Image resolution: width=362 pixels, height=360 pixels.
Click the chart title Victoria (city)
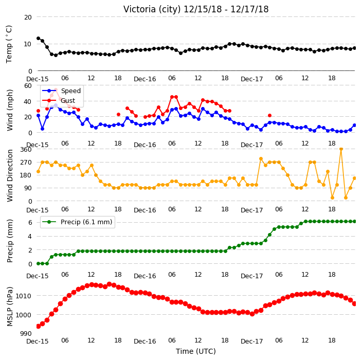click(x=152, y=9)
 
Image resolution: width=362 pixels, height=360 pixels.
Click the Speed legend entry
click(x=62, y=91)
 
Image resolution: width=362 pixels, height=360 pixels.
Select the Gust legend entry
click(x=59, y=100)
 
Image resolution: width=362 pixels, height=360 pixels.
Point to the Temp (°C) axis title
click(x=9, y=44)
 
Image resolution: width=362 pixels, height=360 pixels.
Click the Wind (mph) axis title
click(x=9, y=111)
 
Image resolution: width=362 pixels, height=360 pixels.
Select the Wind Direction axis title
click(x=9, y=176)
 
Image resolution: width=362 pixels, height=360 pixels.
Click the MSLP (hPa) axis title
click(x=9, y=307)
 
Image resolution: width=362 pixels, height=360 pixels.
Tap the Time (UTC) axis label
click(x=196, y=351)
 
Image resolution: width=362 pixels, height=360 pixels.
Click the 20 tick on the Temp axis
click(x=28, y=17)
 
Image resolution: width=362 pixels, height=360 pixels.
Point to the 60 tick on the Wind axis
click(x=28, y=86)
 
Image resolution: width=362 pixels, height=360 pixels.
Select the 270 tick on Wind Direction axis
click(x=26, y=163)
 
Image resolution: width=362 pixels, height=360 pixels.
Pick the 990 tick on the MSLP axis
click(x=26, y=334)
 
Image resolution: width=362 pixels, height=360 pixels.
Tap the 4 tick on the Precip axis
click(x=30, y=237)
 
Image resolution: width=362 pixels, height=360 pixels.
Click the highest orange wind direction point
click(x=341, y=149)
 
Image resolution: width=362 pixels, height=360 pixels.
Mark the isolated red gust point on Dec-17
click(x=269, y=116)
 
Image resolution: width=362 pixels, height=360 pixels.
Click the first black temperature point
click(x=39, y=39)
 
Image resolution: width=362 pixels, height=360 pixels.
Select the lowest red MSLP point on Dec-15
click(x=39, y=326)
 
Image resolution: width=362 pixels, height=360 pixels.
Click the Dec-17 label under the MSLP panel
click(x=251, y=341)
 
